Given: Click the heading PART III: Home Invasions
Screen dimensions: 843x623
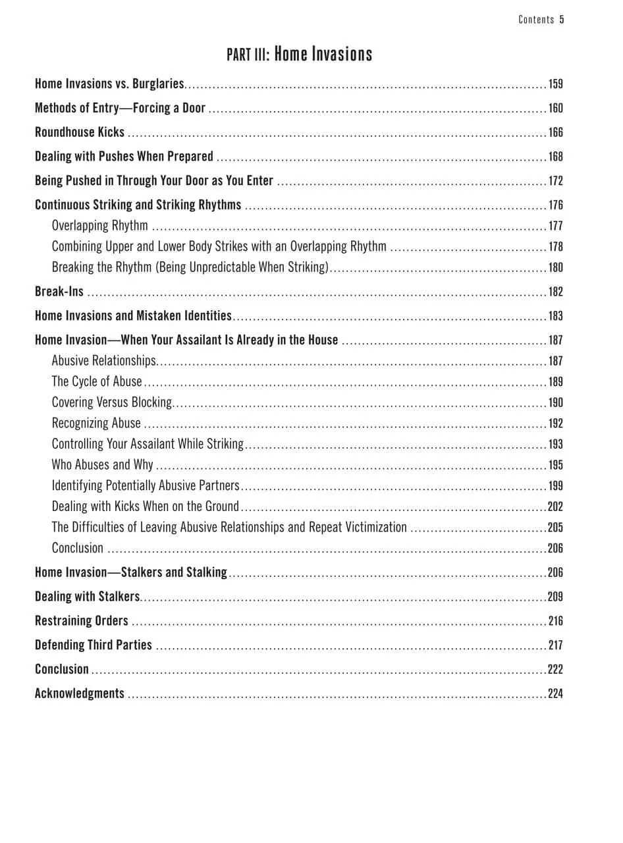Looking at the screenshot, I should pos(300,54).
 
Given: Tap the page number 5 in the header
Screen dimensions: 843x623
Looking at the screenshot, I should pos(562,20).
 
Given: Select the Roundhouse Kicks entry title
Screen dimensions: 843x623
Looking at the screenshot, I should pos(80,132).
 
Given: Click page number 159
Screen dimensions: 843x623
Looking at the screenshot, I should pos(555,84).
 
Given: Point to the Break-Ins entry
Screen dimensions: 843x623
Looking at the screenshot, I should pos(59,292).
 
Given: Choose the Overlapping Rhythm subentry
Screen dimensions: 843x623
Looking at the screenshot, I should pos(100,226).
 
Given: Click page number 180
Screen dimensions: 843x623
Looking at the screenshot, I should pos(555,267).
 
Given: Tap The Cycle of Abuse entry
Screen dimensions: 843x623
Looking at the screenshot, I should pos(97,382).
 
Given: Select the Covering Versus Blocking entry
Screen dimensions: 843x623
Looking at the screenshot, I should pos(111,402).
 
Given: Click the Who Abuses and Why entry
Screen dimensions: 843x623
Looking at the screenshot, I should pos(102,465).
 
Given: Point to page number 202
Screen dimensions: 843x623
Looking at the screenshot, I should pos(555,506).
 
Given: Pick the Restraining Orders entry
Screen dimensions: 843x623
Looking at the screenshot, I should pos(82,621).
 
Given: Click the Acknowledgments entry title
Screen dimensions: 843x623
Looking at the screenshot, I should pos(80,693).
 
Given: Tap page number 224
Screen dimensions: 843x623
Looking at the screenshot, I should pos(555,693).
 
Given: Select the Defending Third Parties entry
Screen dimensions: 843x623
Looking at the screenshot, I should pos(94,645).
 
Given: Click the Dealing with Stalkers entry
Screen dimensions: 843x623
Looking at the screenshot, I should pos(88,597).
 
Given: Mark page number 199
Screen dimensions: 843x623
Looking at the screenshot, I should pos(555,486).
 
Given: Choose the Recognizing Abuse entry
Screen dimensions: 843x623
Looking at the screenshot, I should pos(96,423).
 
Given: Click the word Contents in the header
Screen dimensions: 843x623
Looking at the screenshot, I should pos(536,20).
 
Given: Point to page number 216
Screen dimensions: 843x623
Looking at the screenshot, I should pos(555,621).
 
